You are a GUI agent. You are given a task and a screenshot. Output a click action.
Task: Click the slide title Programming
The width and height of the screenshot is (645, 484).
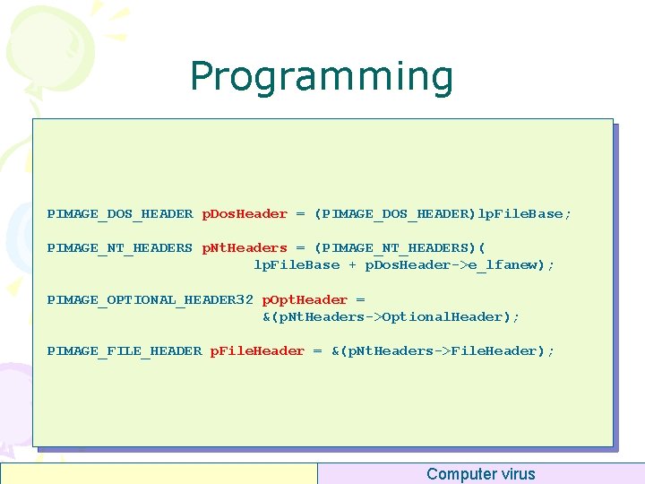(x=322, y=77)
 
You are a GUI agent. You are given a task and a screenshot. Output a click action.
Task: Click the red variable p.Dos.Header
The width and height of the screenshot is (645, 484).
(x=245, y=214)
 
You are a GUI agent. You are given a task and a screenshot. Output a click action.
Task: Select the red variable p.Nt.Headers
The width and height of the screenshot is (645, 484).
(x=245, y=248)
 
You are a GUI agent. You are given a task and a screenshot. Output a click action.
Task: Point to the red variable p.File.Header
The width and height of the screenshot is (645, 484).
(x=257, y=351)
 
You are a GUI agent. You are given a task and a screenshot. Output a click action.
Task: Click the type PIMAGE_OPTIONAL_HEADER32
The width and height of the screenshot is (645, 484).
(x=150, y=300)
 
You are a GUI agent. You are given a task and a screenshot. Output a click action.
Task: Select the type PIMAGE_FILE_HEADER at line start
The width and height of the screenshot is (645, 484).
(x=124, y=351)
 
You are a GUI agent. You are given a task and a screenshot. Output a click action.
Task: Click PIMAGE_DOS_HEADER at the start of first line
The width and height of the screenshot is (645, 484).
(x=119, y=214)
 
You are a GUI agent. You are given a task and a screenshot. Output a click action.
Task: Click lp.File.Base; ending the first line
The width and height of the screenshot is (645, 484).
(x=525, y=214)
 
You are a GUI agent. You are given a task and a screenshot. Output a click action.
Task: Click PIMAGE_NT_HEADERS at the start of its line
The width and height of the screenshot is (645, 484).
(x=119, y=248)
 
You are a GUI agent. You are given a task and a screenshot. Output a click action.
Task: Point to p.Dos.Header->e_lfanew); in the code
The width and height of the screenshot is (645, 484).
(x=459, y=265)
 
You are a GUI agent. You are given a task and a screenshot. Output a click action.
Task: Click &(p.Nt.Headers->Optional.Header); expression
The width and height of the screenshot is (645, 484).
(x=391, y=317)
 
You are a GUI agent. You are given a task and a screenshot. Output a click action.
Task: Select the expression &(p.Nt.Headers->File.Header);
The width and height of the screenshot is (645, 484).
(x=443, y=351)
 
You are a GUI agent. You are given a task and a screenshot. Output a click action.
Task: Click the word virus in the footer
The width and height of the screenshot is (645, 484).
(x=518, y=474)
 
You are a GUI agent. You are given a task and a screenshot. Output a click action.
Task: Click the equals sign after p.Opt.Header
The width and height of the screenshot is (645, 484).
(x=360, y=300)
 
